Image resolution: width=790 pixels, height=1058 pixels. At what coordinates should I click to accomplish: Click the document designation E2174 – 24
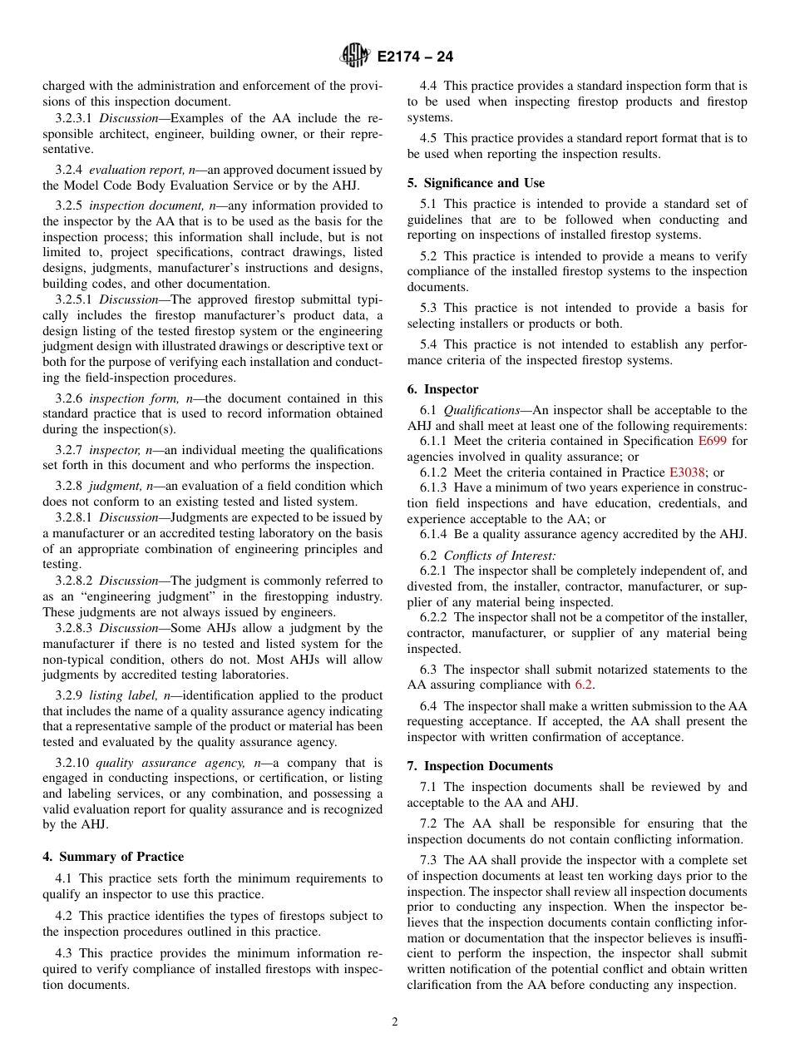pos(414,57)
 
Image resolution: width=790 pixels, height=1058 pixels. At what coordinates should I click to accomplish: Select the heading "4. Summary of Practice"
pos(113,857)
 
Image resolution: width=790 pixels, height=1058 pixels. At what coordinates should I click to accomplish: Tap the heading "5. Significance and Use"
pos(476,183)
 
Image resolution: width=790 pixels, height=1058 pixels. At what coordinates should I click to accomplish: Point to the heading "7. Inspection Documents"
pos(479,766)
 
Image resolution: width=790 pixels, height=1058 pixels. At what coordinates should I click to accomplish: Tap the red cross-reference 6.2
pos(584,685)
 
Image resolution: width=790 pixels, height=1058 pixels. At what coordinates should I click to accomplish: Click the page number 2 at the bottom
pos(395,1022)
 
